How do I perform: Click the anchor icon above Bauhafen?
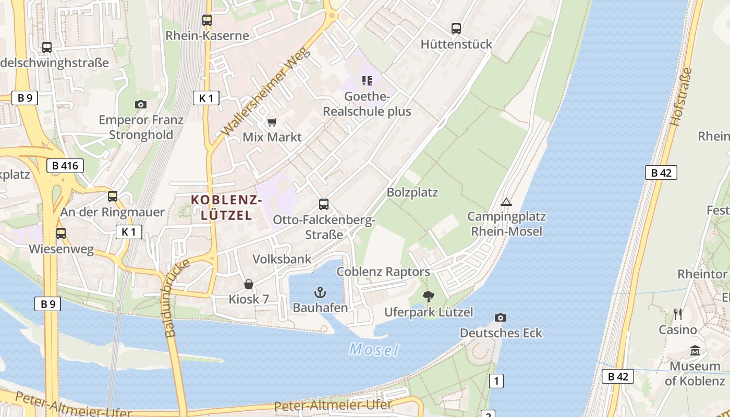click(320, 292)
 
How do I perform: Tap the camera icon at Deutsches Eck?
click(500, 317)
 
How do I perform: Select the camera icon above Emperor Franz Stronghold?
click(140, 104)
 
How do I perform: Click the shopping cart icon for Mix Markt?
click(272, 122)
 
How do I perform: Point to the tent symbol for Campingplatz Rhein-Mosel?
click(506, 202)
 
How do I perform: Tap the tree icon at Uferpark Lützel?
click(429, 297)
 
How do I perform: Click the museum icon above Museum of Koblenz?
click(695, 351)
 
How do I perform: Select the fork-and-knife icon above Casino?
click(677, 314)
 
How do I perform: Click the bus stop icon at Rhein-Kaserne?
click(207, 20)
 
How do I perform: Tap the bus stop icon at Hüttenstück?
click(456, 29)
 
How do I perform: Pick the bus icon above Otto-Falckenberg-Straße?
click(324, 204)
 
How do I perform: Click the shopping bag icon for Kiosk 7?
click(249, 284)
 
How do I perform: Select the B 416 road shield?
click(65, 166)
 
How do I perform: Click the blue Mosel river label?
click(373, 349)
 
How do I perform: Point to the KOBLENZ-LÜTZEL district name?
click(226, 207)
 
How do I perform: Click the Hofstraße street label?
click(681, 97)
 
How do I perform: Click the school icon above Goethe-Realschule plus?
click(367, 80)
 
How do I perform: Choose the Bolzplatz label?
click(412, 192)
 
